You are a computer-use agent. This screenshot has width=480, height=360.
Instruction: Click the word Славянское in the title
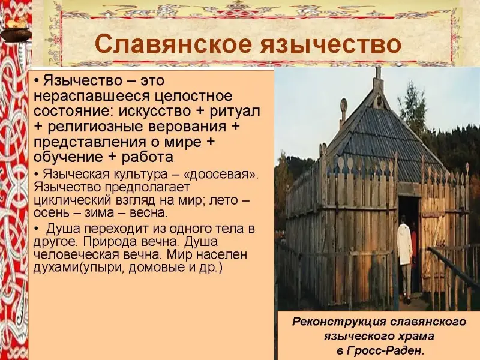(x=173, y=44)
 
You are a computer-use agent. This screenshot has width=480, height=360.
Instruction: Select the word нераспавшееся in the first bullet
(x=92, y=97)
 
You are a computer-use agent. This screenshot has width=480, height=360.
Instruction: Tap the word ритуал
(x=235, y=111)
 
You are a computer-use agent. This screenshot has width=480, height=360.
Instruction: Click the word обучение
(x=68, y=157)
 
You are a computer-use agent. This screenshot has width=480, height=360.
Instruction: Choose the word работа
(x=147, y=157)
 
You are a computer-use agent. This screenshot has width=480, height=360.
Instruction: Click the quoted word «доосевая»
(x=221, y=175)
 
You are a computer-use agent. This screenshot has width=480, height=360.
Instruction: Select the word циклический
(x=72, y=200)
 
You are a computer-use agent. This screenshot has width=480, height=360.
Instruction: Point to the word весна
(x=148, y=213)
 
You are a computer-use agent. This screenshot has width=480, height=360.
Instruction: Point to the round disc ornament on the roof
(x=344, y=104)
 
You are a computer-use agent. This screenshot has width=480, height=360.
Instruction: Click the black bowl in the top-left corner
(x=16, y=34)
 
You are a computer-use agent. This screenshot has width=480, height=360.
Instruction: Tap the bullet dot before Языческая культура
(x=37, y=175)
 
